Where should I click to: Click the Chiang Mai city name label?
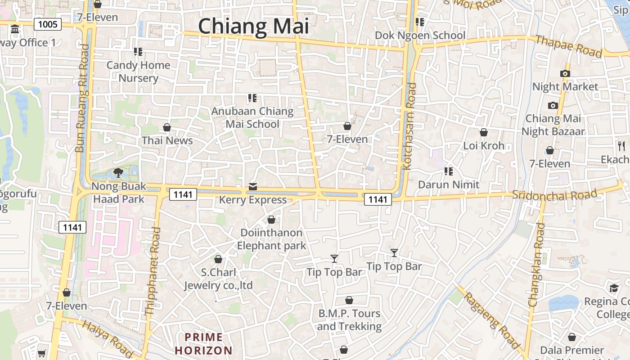tap(253, 26)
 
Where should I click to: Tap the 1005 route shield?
tap(48, 24)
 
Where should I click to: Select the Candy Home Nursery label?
tap(138, 72)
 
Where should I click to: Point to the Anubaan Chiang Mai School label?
tap(252, 117)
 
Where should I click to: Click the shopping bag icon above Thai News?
tap(167, 127)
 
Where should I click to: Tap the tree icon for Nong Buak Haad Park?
tap(118, 172)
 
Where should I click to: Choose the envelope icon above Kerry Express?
tap(253, 187)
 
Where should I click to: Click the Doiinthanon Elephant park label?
tap(271, 239)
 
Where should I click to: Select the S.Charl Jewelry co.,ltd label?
tap(218, 279)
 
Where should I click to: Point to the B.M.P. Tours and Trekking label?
tap(349, 319)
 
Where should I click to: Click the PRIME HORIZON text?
tap(204, 344)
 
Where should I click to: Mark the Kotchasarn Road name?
tap(409, 126)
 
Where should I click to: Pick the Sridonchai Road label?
tap(554, 195)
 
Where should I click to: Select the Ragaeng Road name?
tap(492, 320)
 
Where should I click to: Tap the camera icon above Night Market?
tap(565, 73)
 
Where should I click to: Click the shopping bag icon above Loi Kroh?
tap(484, 132)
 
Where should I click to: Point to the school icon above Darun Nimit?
tap(448, 171)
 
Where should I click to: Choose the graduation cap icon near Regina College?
tap(614, 288)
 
